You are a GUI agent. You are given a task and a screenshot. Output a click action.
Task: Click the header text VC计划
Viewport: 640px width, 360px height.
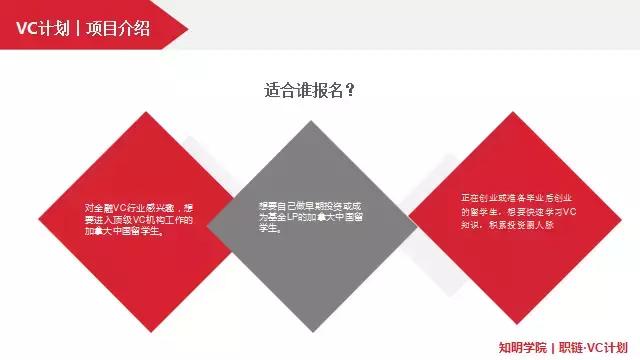point(41,28)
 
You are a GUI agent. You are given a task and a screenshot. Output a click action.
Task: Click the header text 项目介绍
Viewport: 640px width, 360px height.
point(118,28)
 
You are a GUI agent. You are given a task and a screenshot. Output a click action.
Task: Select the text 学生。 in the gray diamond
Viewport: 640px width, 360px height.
point(269,228)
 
